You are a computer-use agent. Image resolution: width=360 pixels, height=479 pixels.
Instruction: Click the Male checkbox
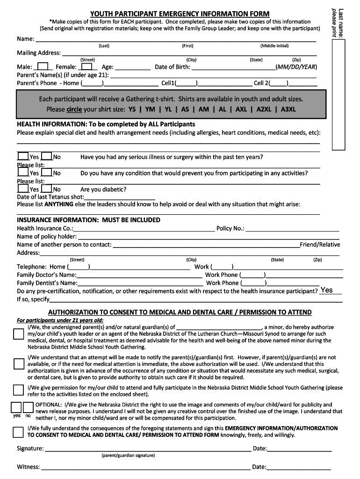[x=43, y=66]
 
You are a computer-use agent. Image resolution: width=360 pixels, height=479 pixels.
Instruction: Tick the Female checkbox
[x=86, y=66]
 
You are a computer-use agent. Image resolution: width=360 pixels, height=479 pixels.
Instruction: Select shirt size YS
[x=132, y=109]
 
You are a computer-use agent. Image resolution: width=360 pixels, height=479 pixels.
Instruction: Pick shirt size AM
[x=204, y=109]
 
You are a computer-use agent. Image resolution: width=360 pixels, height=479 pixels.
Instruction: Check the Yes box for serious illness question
[x=23, y=157]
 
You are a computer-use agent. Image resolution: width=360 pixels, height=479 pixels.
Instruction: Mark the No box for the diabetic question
[x=46, y=189]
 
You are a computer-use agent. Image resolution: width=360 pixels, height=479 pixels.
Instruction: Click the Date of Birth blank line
[x=233, y=67]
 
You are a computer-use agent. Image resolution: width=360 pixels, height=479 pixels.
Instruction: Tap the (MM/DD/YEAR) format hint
[x=296, y=67]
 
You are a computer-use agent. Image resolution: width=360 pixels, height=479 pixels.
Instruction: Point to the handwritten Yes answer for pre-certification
[x=327, y=290]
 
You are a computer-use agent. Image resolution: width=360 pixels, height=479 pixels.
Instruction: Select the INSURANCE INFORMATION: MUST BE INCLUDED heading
[x=88, y=220]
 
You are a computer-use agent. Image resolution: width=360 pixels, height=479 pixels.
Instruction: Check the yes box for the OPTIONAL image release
[x=16, y=406]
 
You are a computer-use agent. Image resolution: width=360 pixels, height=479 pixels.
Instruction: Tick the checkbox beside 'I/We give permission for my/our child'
[x=18, y=390]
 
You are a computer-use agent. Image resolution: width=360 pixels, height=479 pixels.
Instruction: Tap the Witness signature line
[x=145, y=467]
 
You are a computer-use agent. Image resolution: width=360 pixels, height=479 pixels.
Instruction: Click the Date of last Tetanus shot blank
[x=119, y=197]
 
